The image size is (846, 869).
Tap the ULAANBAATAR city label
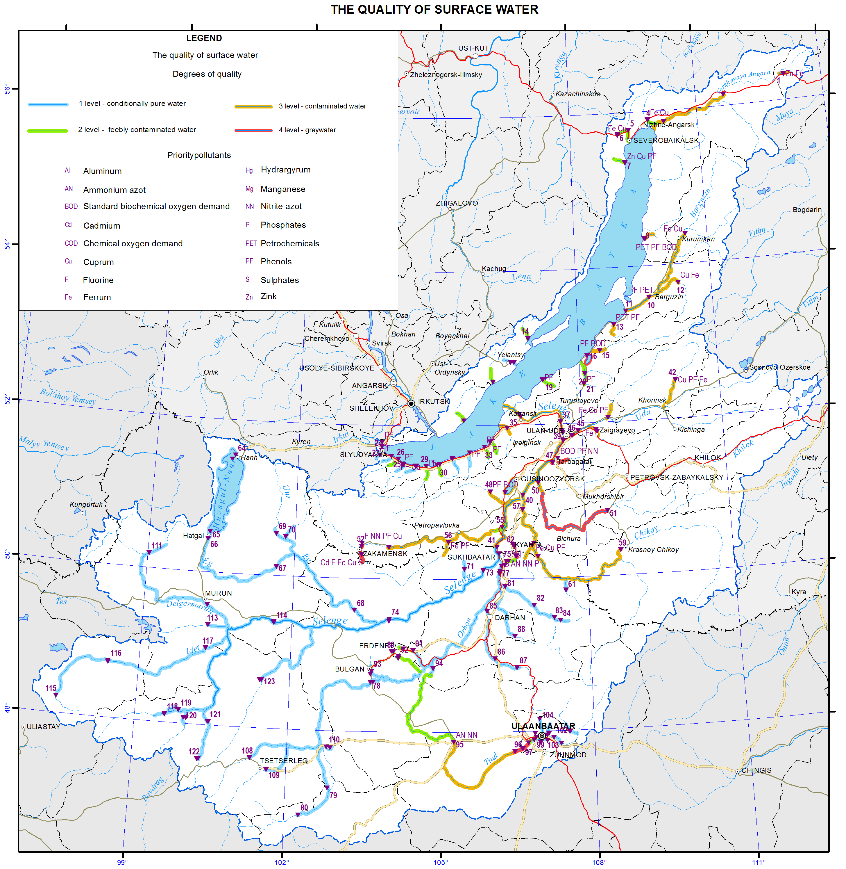point(543,726)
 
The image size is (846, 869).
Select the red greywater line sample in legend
point(253,130)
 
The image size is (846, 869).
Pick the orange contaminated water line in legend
point(253,107)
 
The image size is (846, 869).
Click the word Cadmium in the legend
point(102,225)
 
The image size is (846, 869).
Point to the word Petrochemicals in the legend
point(290,243)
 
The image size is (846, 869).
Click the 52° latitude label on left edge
point(7,399)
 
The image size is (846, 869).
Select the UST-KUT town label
point(473,48)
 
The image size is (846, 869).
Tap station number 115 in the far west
point(51,688)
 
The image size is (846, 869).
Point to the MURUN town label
point(218,593)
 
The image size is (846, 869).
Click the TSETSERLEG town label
point(283,761)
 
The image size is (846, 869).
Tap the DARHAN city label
point(510,618)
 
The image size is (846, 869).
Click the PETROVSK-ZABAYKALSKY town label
point(676,477)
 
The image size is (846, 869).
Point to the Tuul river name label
point(491,759)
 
